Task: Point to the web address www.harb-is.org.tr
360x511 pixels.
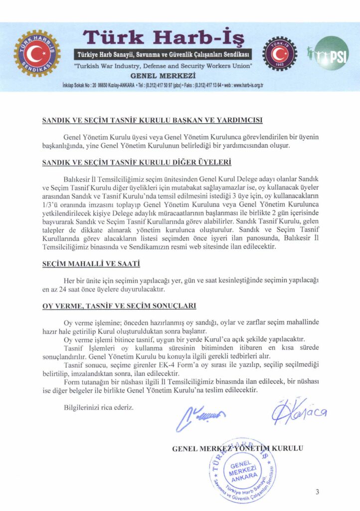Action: (x=245, y=85)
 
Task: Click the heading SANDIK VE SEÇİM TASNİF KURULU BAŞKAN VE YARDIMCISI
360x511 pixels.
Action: (x=153, y=120)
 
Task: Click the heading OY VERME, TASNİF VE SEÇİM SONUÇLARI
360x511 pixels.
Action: (x=119, y=305)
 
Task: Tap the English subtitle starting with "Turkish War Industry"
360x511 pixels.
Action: (x=163, y=65)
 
